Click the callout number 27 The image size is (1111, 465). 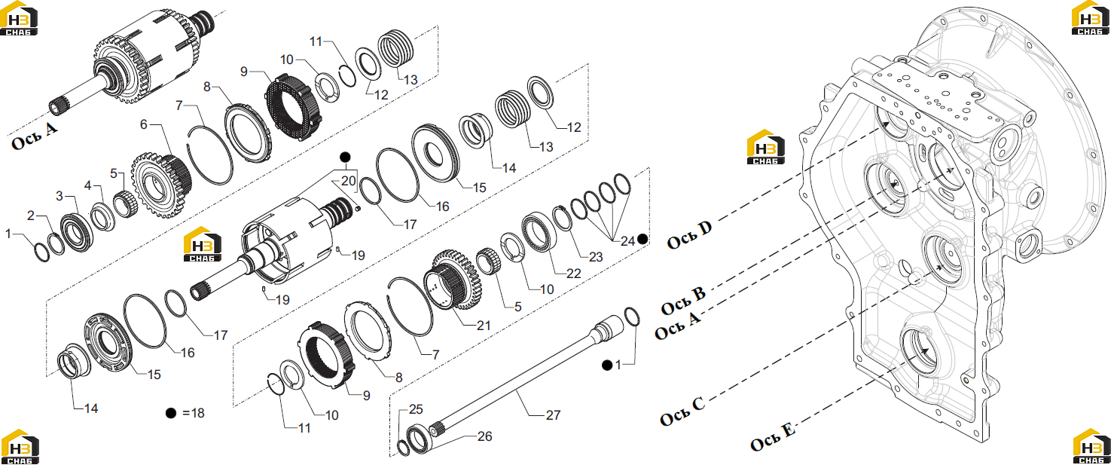click(553, 415)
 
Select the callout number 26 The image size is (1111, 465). click(484, 436)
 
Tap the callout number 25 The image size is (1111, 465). click(416, 409)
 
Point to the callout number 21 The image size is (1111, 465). click(484, 326)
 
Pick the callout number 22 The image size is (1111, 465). click(573, 274)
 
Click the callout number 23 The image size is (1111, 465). click(596, 257)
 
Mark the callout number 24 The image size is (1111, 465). click(627, 241)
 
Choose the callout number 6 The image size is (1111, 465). click(144, 124)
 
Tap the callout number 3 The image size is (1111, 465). click(60, 196)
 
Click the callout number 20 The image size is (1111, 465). click(349, 181)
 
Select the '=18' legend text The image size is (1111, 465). click(194, 413)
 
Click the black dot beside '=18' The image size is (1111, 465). click(171, 413)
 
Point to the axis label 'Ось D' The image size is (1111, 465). click(689, 234)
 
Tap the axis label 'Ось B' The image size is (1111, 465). click(683, 301)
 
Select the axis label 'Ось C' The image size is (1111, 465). click(682, 411)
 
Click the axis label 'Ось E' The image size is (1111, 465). click(772, 436)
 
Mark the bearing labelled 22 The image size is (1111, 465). click(540, 231)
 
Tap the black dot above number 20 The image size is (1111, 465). click(345, 158)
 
